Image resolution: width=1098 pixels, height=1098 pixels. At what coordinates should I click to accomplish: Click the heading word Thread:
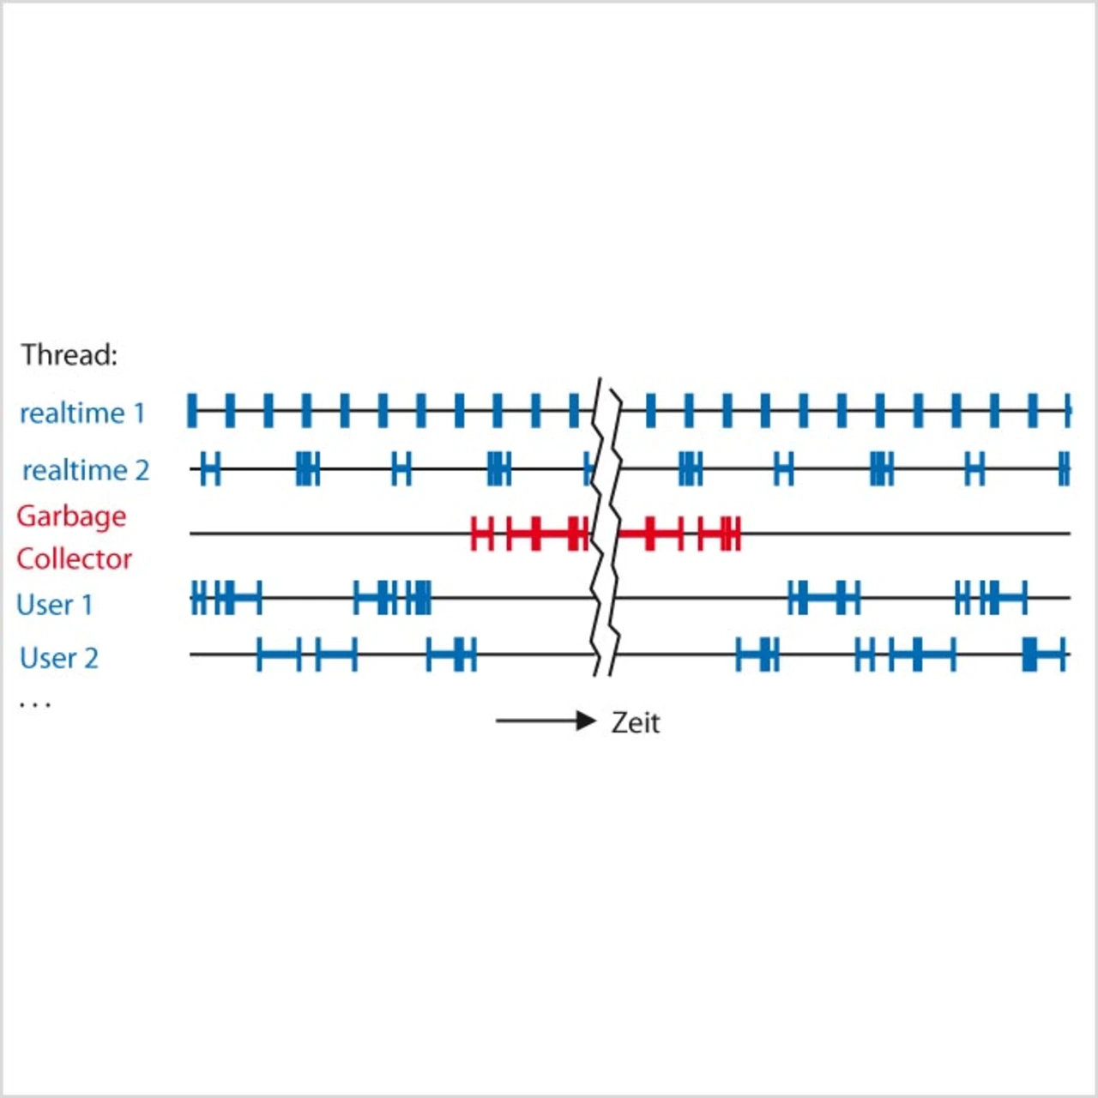[x=69, y=354]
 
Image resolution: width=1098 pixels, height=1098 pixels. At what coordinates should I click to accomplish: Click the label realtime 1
[x=82, y=413]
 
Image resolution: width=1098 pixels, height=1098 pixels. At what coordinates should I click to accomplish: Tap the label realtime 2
[x=85, y=470]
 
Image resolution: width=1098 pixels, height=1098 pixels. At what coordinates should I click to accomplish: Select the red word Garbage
[x=71, y=516]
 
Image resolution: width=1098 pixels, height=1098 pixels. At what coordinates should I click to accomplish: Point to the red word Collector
[x=74, y=559]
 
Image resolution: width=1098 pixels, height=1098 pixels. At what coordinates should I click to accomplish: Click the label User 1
[x=54, y=605]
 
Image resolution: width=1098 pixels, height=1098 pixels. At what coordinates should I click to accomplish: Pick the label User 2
[x=58, y=658]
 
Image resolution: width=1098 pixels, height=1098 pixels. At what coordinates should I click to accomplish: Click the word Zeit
[x=636, y=722]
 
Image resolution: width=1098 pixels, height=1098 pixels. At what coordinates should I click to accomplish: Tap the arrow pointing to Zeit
[x=546, y=721]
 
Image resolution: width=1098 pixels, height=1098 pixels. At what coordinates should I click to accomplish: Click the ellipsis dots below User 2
[x=35, y=705]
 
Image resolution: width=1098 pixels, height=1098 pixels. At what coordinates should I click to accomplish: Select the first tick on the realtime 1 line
[x=192, y=411]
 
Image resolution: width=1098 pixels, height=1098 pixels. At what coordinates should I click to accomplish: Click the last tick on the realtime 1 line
[x=1068, y=411]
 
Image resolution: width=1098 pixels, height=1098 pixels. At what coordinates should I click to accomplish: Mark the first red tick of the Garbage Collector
[x=474, y=534]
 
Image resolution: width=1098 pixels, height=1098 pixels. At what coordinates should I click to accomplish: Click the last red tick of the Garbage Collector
[x=737, y=534]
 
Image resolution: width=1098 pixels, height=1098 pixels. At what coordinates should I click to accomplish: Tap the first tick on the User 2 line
[x=259, y=655]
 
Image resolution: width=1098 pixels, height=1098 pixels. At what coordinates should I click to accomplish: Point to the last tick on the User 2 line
[x=1064, y=655]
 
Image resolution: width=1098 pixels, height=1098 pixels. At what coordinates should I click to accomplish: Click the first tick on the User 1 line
[x=194, y=597]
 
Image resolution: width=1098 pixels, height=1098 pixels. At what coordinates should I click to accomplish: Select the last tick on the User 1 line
[x=1025, y=597]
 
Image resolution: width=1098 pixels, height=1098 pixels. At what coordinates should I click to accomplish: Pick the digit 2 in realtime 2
[x=142, y=470]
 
